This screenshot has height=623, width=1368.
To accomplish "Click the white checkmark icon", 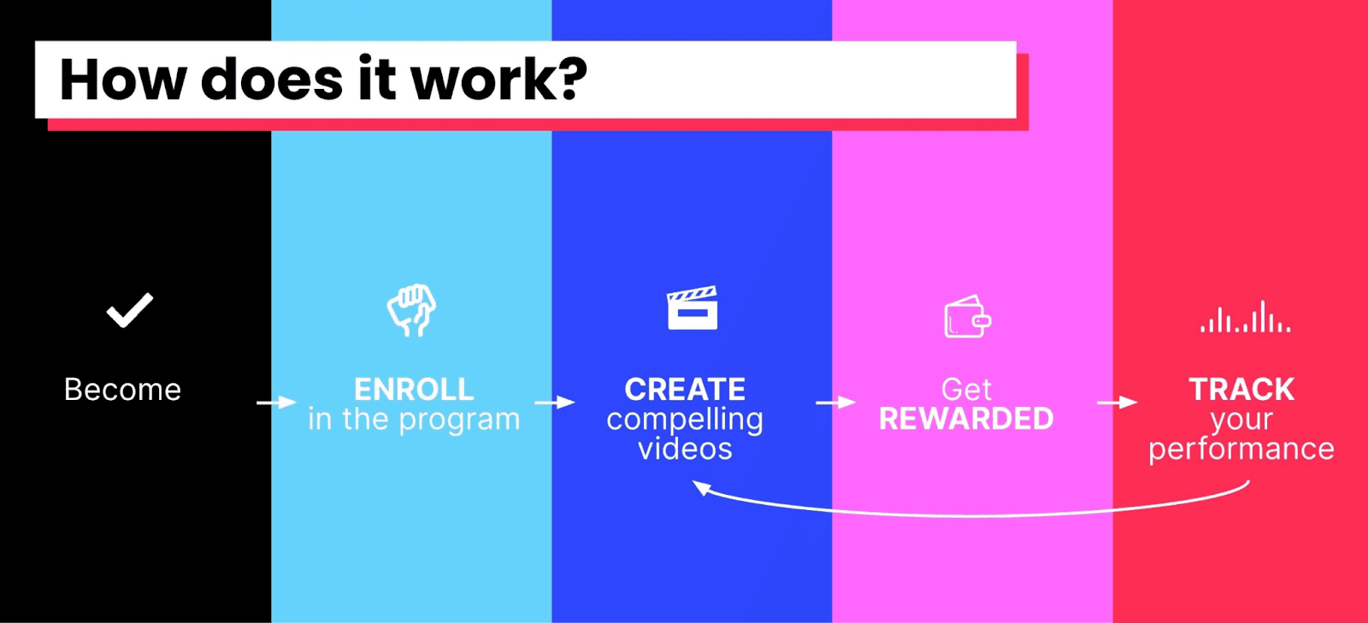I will pyautogui.click(x=129, y=310).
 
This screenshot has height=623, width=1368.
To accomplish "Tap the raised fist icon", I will pyautogui.click(x=411, y=309).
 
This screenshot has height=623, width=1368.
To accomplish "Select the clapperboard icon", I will pyautogui.click(x=692, y=309).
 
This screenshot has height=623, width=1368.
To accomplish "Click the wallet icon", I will pyautogui.click(x=967, y=317).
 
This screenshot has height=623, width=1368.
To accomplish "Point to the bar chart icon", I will pyautogui.click(x=1245, y=317).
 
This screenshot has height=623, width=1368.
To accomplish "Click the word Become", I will pyautogui.click(x=122, y=390).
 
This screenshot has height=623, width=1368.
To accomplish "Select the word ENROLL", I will pyautogui.click(x=414, y=390).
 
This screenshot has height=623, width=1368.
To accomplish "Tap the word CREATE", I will pyautogui.click(x=685, y=390).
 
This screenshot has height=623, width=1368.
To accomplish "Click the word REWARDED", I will pyautogui.click(x=966, y=420).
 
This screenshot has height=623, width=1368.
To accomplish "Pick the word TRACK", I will pyautogui.click(x=1241, y=390).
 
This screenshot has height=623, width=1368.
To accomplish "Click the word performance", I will pyautogui.click(x=1241, y=450).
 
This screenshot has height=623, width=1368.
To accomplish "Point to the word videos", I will pyautogui.click(x=685, y=449).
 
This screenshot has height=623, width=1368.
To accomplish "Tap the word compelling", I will pyautogui.click(x=685, y=420).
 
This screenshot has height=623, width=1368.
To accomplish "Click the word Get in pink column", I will pyautogui.click(x=966, y=390).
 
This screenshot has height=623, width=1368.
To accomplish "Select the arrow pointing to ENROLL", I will pyautogui.click(x=276, y=403).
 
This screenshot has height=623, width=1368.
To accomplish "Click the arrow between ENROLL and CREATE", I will pyautogui.click(x=555, y=403).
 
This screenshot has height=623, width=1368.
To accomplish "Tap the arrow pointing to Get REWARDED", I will pyautogui.click(x=835, y=403).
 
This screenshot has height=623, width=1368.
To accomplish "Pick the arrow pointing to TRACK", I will pyautogui.click(x=1117, y=403).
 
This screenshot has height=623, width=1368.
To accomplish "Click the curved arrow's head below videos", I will pyautogui.click(x=701, y=487).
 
